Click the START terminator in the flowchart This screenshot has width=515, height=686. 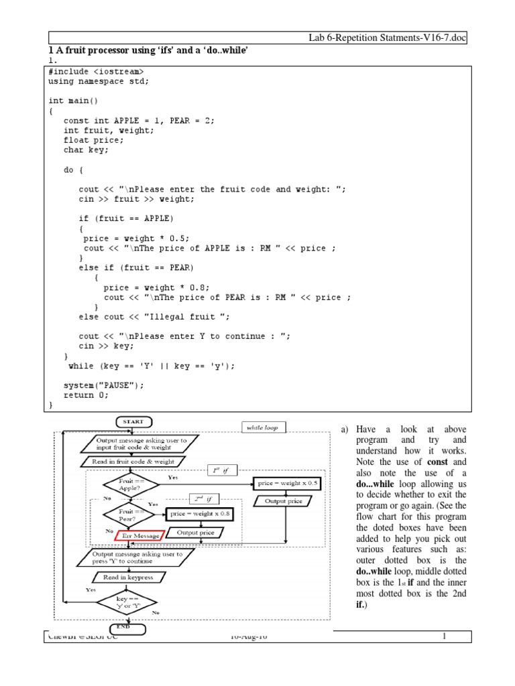point(134,421)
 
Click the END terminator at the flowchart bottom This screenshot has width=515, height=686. point(124,627)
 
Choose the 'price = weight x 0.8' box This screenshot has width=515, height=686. point(201,514)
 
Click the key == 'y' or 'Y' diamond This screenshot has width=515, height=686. point(126,600)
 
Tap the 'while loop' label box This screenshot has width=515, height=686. point(265,427)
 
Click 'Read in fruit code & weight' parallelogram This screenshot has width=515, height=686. point(132,461)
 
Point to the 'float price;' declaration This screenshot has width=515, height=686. point(94,141)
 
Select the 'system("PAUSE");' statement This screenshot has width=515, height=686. point(103,385)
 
